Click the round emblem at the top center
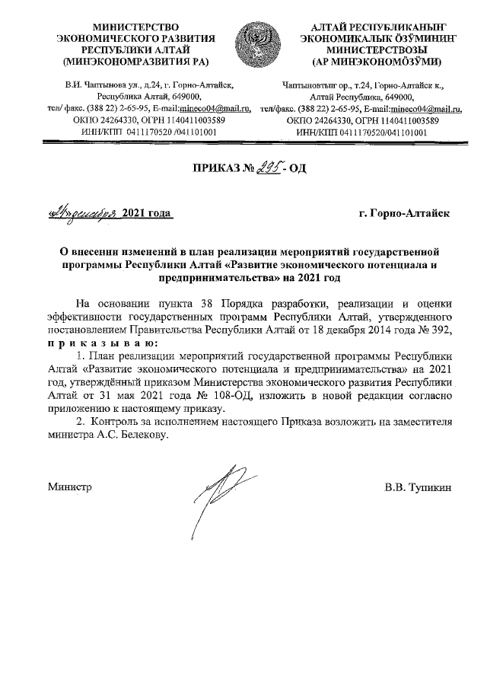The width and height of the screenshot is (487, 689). coord(256,43)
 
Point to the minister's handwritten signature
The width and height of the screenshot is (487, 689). coord(221,491)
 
